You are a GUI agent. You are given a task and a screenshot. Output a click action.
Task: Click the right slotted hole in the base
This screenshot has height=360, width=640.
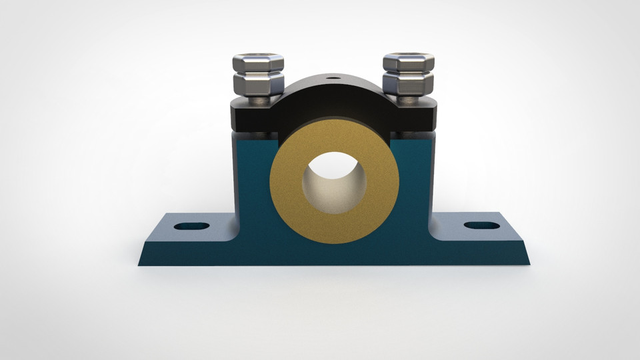pyautogui.click(x=481, y=225)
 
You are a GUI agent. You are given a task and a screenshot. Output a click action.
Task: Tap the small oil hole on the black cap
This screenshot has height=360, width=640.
pyautogui.click(x=332, y=78)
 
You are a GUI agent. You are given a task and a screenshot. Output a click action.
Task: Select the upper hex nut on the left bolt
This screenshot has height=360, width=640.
pyautogui.click(x=258, y=63)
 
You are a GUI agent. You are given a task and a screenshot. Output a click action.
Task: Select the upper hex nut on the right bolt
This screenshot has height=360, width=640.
pyautogui.click(x=409, y=63)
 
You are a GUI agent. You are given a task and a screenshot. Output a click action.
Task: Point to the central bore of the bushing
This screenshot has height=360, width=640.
pyautogui.click(x=334, y=183)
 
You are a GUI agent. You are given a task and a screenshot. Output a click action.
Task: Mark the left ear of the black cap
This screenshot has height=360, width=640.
pyautogui.click(x=250, y=116)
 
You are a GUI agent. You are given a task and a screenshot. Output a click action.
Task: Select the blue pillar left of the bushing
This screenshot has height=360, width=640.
pyautogui.click(x=252, y=173)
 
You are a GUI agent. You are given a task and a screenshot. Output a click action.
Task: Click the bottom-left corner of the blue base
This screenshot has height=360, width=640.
pyautogui.click(x=141, y=263)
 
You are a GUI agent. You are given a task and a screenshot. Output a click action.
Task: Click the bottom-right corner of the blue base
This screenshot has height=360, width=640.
pyautogui.click(x=527, y=263)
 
